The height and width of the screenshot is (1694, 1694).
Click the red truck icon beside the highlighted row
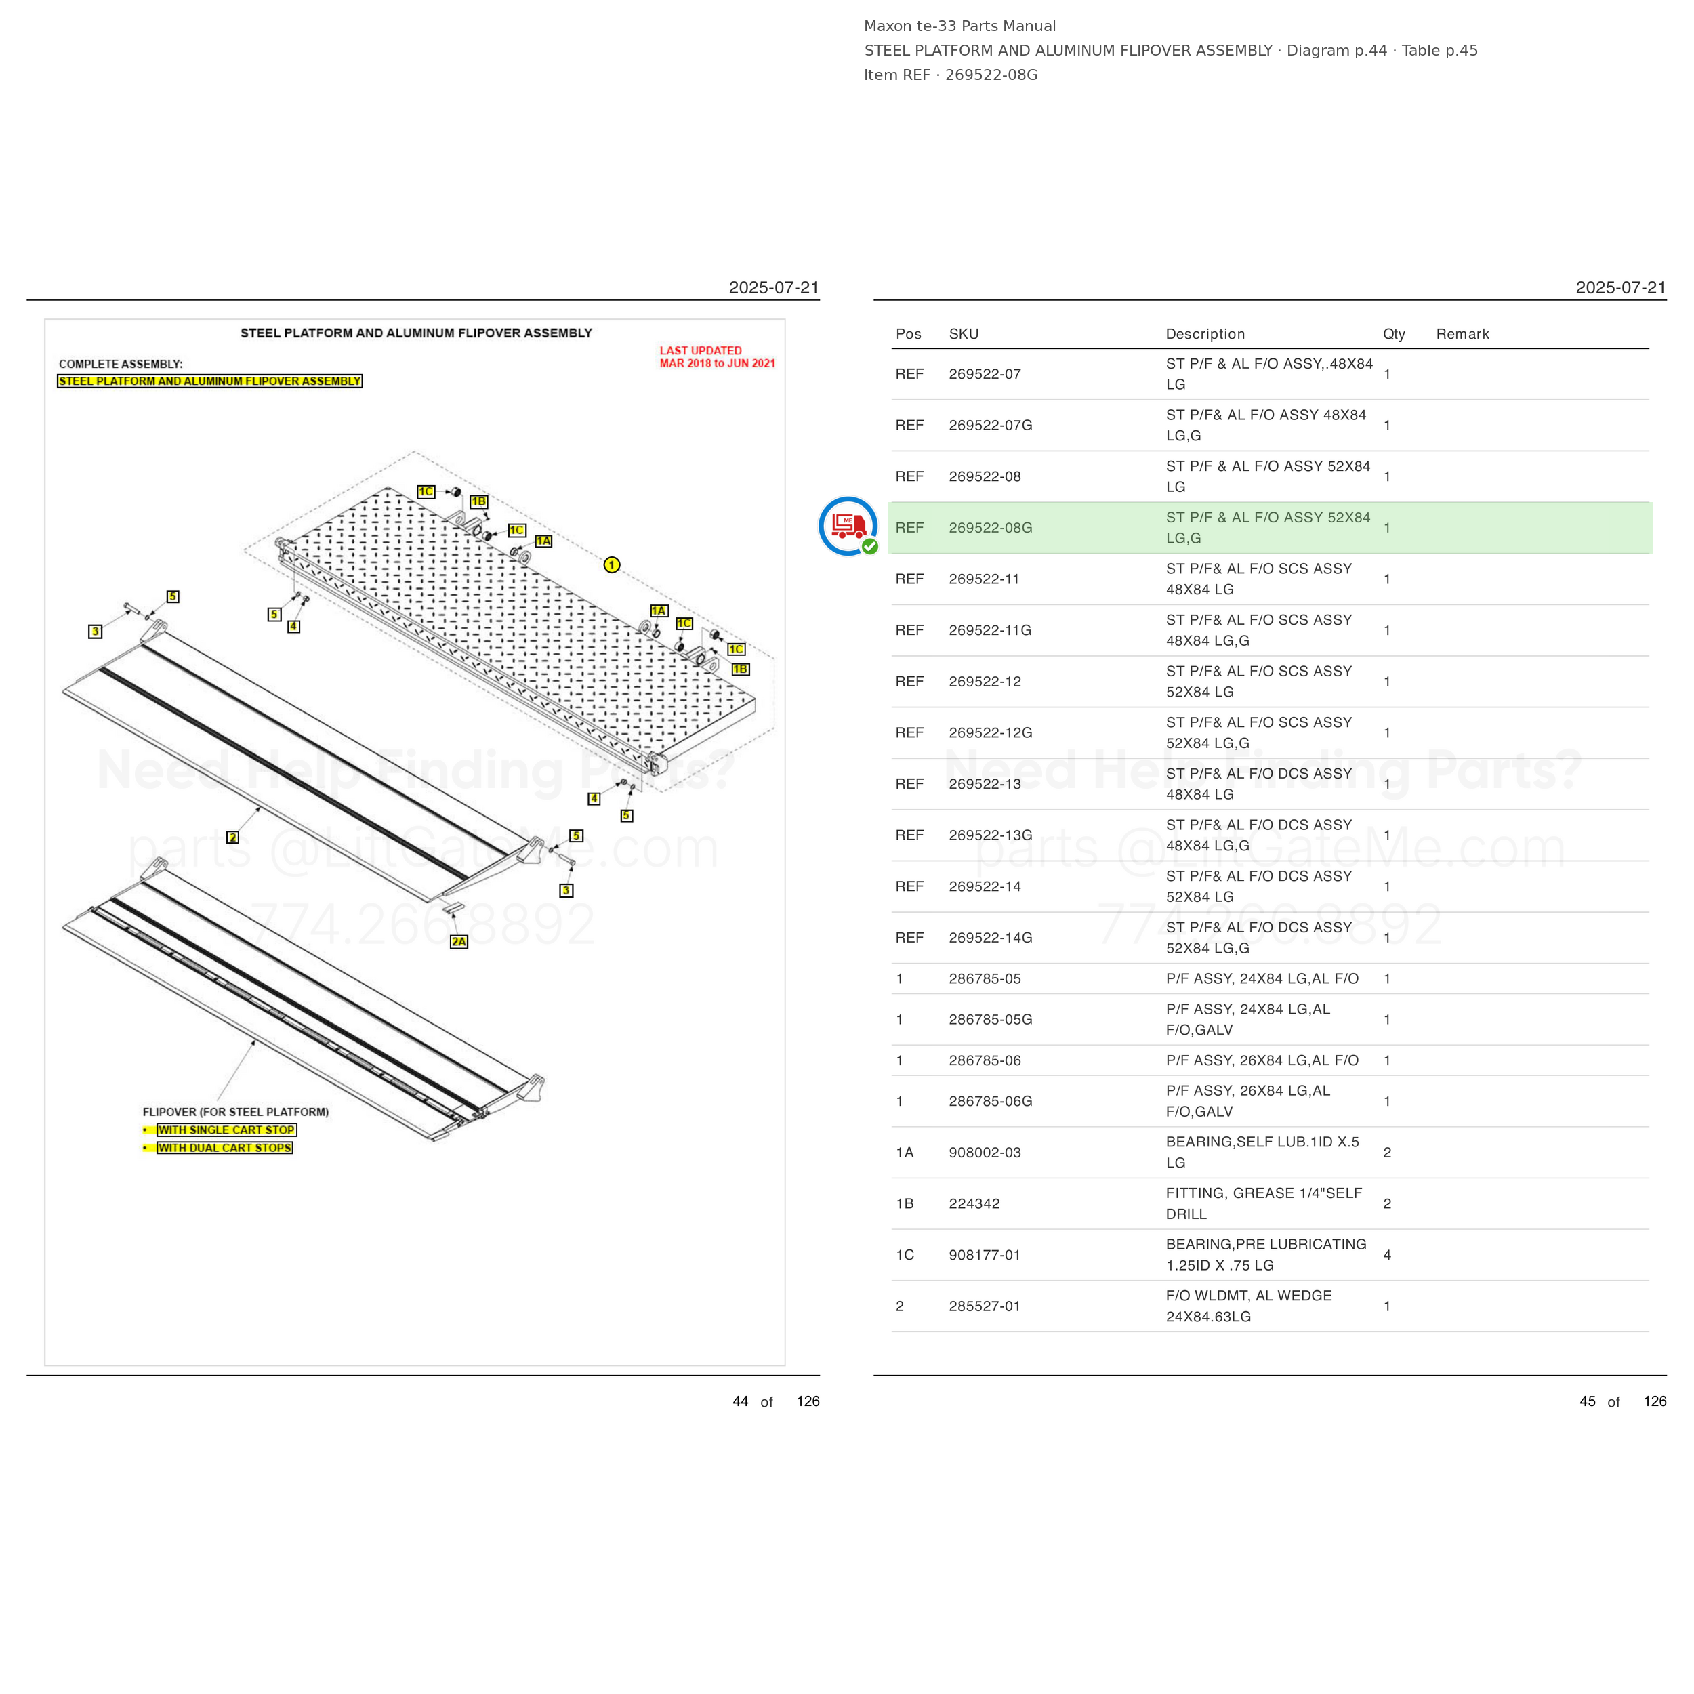(847, 526)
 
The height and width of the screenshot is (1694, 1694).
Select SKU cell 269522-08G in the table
(990, 528)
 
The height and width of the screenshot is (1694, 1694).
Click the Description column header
(1205, 334)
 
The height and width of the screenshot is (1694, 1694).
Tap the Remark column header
(1462, 334)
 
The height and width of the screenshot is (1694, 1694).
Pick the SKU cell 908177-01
(985, 1255)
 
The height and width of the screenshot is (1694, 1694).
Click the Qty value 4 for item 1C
(1387, 1255)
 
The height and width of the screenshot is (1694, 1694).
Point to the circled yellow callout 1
(612, 564)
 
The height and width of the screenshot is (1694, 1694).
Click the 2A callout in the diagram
(459, 942)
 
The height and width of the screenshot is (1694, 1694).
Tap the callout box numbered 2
(232, 838)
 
